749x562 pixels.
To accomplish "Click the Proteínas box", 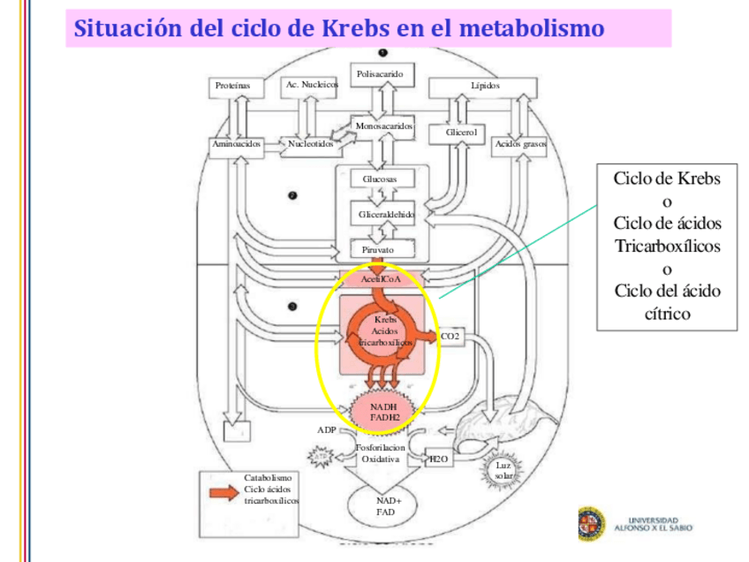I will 233,86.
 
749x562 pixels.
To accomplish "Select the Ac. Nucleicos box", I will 310,85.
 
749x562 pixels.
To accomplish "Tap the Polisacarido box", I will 381,75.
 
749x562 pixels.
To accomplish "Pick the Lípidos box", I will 484,86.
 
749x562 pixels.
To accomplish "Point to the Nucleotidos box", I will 310,143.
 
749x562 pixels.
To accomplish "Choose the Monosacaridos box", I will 383,126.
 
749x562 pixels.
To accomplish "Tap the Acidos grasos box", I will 519,143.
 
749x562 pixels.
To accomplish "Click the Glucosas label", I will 381,179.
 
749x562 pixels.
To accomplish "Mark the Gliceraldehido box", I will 386,215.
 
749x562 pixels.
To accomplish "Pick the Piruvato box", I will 379,250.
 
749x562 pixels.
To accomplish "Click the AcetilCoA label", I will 382,278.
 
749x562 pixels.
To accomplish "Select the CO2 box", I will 450,337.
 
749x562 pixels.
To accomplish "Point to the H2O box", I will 438,459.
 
